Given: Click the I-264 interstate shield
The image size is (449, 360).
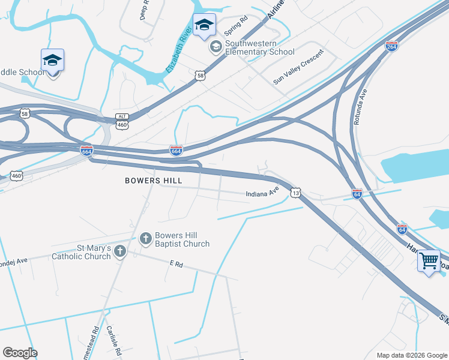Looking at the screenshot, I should click(x=391, y=46).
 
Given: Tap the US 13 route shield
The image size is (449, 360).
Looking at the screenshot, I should click(x=294, y=192).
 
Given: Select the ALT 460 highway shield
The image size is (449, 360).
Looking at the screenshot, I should click(x=122, y=121).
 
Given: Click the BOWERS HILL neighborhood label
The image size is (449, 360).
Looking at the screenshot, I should click(x=153, y=180).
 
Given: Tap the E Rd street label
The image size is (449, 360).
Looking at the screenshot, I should click(x=176, y=263).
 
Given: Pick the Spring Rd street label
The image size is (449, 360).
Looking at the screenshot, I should click(x=235, y=26).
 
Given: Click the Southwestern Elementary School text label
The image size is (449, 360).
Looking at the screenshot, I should click(x=260, y=48).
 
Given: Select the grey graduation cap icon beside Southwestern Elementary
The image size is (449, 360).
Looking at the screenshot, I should click(x=215, y=47).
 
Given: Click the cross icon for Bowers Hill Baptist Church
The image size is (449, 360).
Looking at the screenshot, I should click(x=145, y=239).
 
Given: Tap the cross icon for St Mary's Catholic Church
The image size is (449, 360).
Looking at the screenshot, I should click(x=120, y=251).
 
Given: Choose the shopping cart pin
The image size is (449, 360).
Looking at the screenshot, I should click(x=429, y=262).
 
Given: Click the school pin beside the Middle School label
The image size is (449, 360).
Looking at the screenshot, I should click(x=52, y=61).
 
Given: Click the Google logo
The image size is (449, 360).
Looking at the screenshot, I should click(x=20, y=353).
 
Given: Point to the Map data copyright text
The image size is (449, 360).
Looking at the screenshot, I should click(x=412, y=355).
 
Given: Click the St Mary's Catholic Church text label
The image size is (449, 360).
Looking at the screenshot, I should click(x=82, y=251).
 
